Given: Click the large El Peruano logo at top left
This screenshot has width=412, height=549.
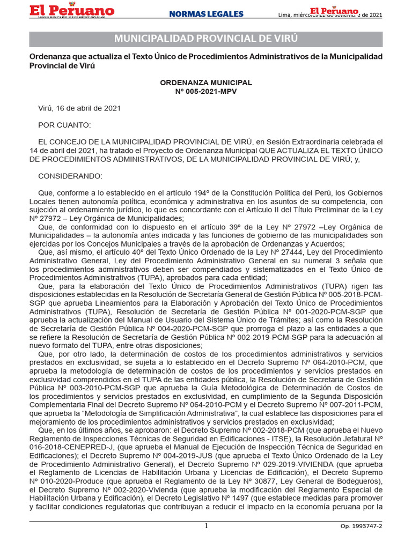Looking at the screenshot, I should tap(71, 11).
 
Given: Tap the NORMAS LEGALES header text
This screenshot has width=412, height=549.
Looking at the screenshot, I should tap(206, 14).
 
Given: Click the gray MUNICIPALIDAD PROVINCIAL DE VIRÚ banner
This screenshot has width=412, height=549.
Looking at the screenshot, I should tap(206, 39).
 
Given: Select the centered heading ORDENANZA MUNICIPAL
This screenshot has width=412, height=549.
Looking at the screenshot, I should tap(206, 83).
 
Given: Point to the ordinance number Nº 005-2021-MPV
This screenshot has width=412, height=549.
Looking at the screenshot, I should tap(206, 91).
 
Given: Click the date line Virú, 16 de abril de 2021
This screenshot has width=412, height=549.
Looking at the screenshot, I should tap(79, 108).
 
